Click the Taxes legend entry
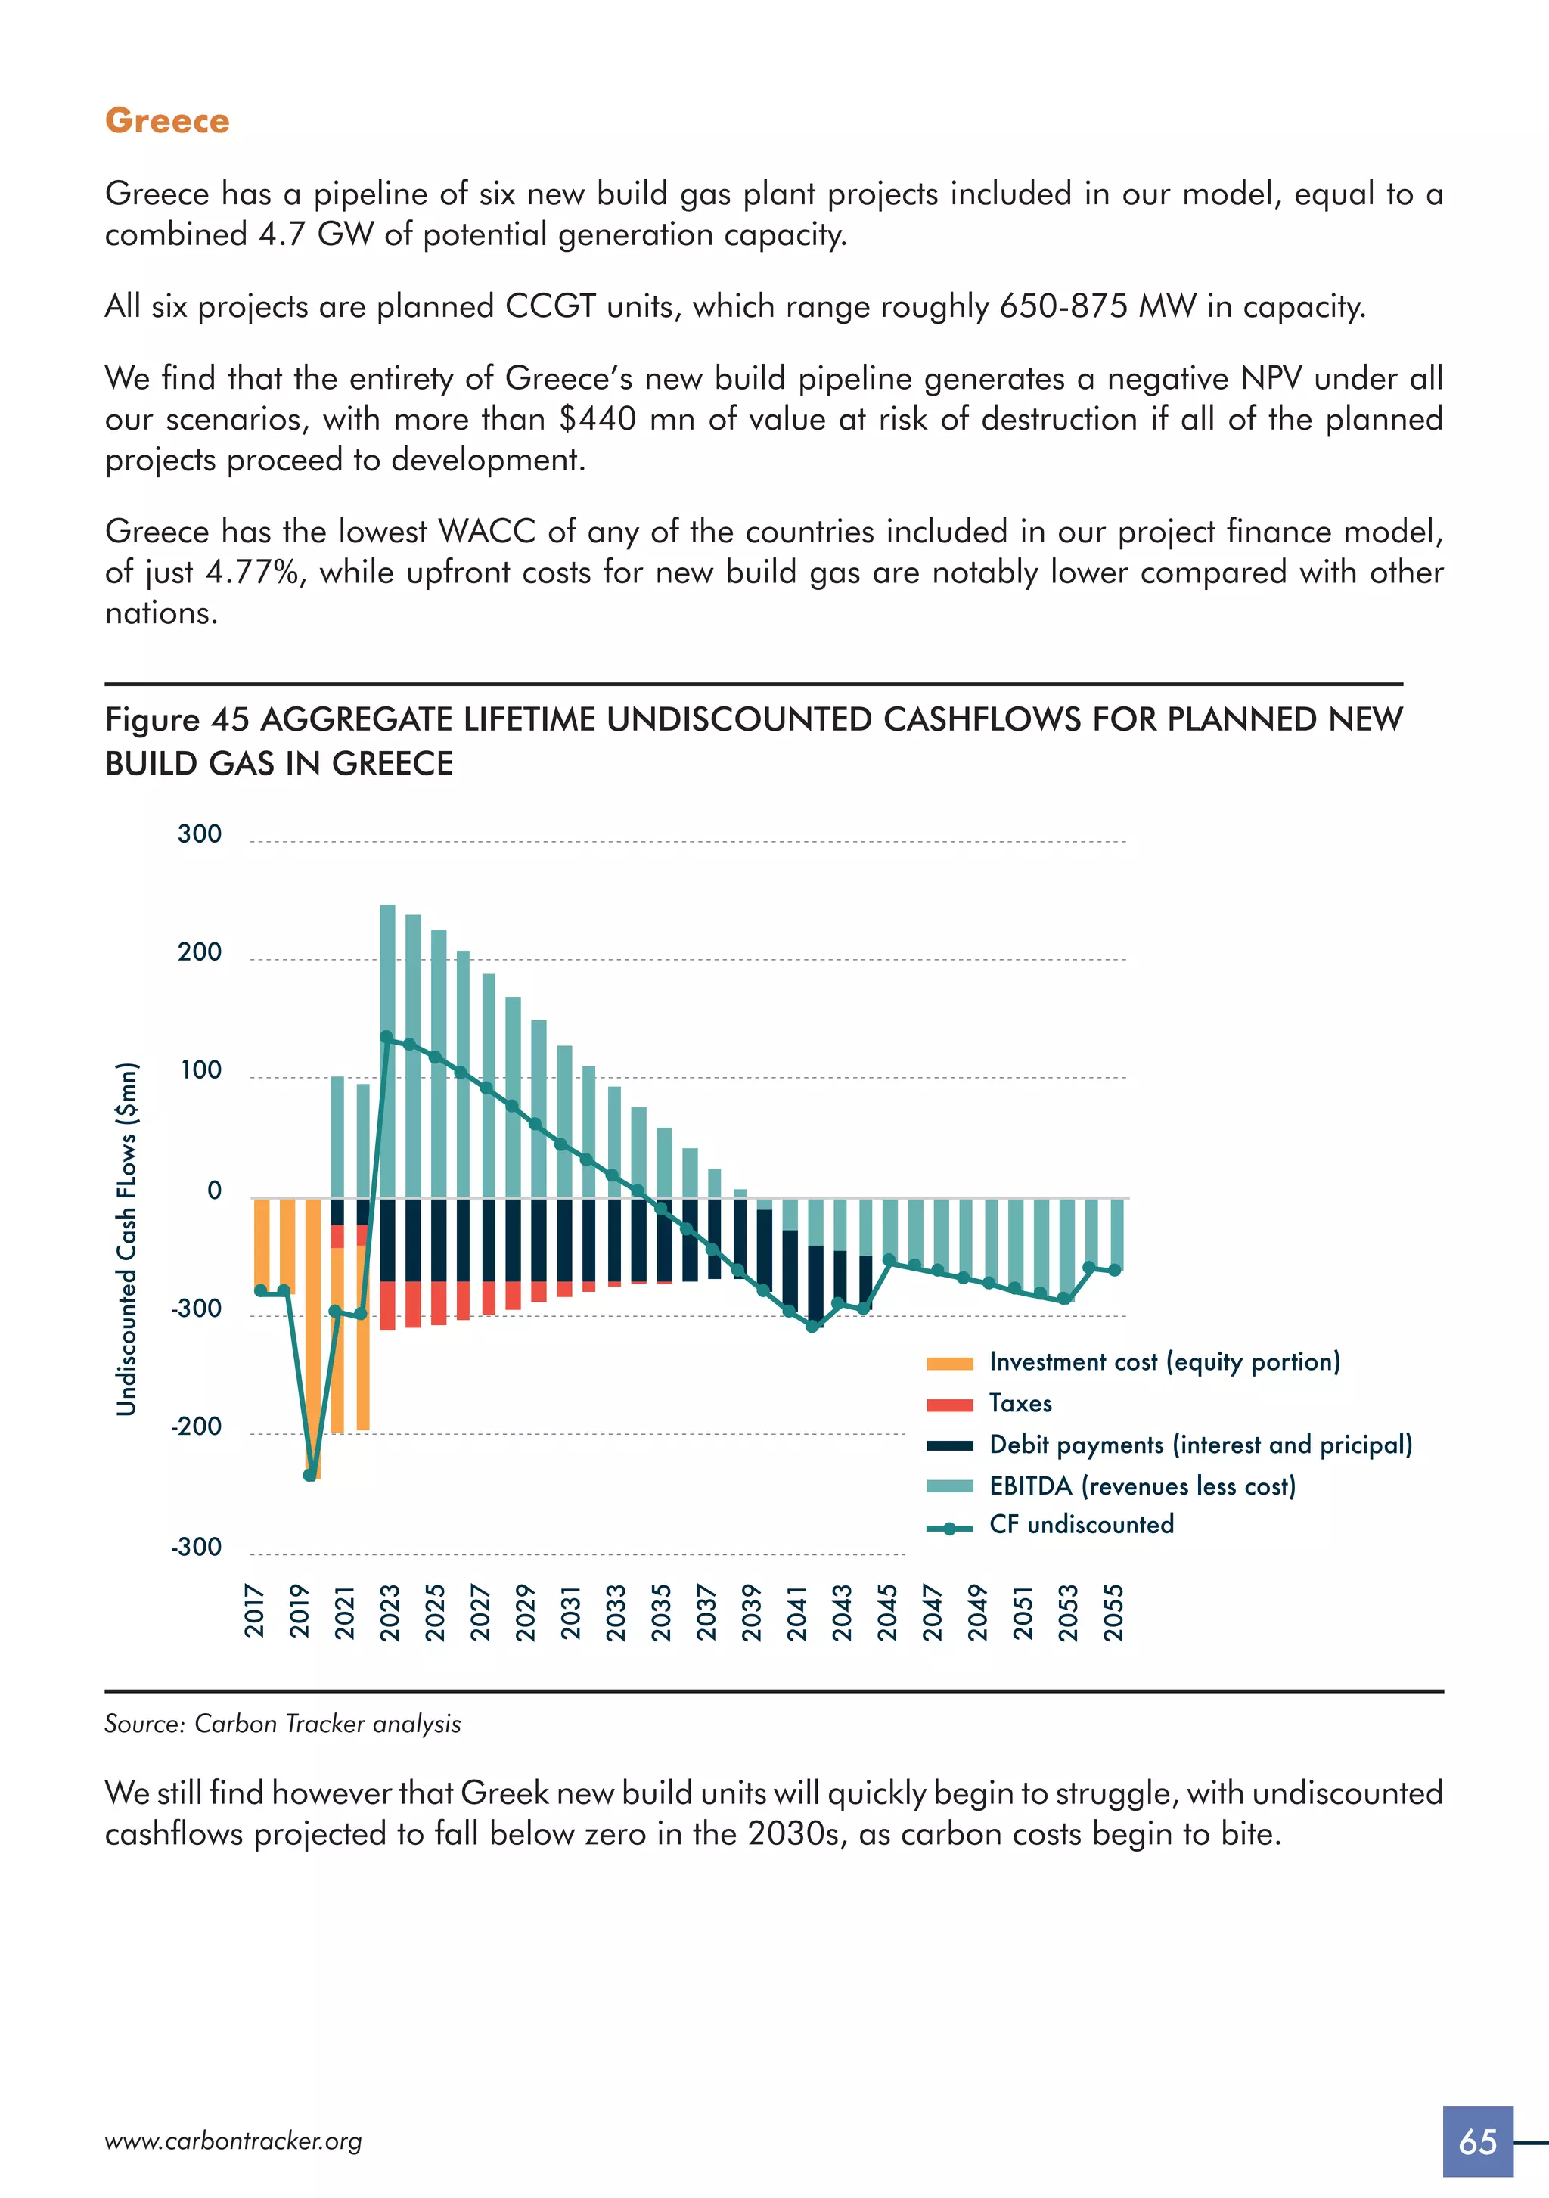[x=1020, y=1403]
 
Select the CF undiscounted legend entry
[x=1080, y=1525]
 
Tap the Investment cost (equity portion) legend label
[x=1164, y=1361]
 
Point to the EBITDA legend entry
[x=1141, y=1486]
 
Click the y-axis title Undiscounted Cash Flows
[x=126, y=1239]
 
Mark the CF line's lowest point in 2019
[x=309, y=1475]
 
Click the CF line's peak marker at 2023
[x=386, y=1037]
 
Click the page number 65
[x=1477, y=2141]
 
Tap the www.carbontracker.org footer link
[x=233, y=2141]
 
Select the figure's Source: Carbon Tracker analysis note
[x=282, y=1724]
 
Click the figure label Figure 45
[x=177, y=719]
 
